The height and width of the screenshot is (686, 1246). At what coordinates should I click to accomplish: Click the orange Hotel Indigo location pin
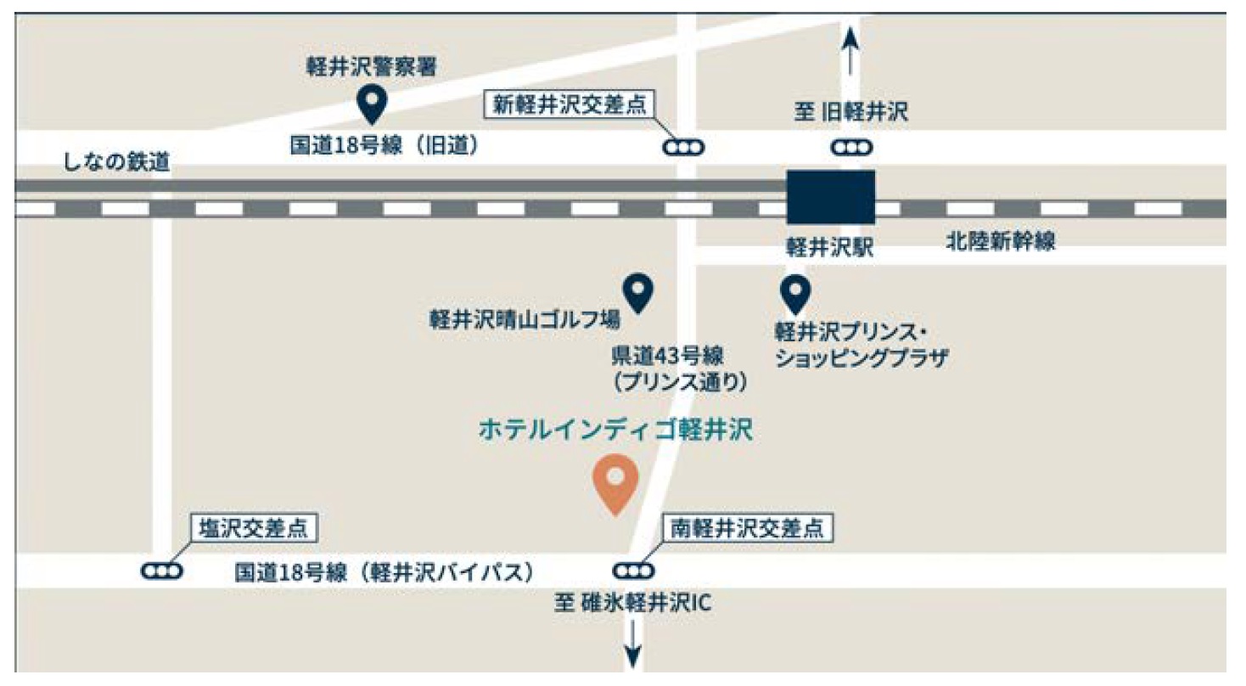(x=615, y=481)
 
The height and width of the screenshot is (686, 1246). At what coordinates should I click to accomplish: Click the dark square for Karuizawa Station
(x=830, y=197)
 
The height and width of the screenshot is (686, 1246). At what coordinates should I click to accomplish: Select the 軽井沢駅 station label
(x=830, y=247)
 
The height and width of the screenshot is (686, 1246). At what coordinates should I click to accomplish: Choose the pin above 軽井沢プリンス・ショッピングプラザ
(x=795, y=293)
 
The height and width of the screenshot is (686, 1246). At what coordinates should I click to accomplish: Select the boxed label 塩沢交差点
(x=254, y=529)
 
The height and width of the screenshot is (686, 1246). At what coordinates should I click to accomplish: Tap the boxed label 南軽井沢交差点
(x=746, y=528)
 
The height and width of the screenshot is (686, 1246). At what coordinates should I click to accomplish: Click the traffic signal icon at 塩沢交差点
(x=161, y=571)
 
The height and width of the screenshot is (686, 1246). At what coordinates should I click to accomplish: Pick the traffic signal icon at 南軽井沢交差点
(x=633, y=571)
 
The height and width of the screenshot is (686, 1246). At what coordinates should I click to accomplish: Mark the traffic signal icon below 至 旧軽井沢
(x=851, y=148)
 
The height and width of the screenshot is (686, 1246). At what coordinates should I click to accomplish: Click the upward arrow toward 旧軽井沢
(x=851, y=51)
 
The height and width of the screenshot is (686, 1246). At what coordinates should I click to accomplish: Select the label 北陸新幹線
(x=1001, y=243)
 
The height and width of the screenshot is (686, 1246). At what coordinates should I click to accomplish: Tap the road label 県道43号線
(x=679, y=354)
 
